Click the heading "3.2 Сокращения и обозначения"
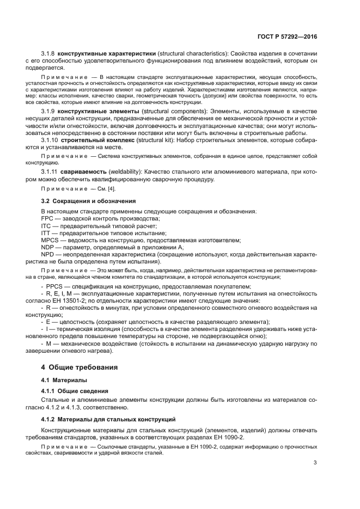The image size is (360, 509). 88,201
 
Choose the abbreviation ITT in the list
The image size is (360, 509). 47,233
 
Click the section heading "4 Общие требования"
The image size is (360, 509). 80,367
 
